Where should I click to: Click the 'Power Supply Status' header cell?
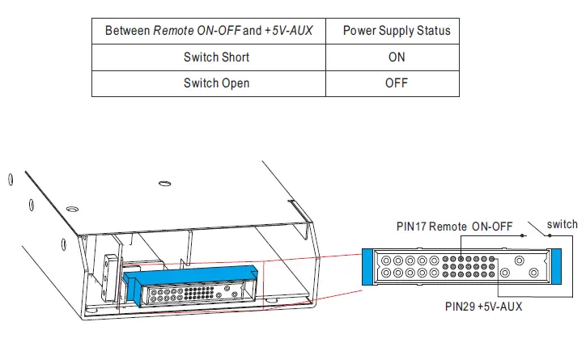397,32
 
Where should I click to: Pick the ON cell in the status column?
397,57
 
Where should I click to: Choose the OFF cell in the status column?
397,83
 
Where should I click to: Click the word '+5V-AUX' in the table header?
289,32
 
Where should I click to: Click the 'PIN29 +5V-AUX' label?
484,307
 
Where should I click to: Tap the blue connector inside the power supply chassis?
190,276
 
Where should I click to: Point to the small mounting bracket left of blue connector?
111,272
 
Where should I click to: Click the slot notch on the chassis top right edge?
299,211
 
